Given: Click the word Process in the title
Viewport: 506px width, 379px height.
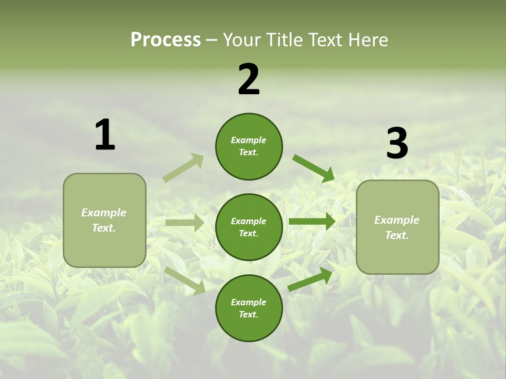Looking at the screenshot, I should point(166,39).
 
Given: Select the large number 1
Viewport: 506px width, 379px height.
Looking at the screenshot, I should point(105,135).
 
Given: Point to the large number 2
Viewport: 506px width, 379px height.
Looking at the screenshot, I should point(249,79).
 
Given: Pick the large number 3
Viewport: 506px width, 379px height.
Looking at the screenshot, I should point(397,144).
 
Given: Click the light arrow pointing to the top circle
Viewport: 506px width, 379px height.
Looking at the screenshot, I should point(183,168).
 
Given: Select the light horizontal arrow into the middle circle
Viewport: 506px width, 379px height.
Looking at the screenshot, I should point(184,223).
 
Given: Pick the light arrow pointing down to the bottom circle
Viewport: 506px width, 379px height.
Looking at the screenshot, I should point(185,280).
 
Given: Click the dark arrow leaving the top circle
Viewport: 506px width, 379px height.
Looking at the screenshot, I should point(313,168).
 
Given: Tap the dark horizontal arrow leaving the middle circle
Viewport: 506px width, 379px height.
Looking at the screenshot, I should point(312,221).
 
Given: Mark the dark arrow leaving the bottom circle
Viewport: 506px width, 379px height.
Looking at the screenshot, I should point(310,279).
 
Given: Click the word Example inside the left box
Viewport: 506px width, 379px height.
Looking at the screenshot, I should point(104,213).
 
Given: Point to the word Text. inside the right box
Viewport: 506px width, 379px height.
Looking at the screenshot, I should point(397,235).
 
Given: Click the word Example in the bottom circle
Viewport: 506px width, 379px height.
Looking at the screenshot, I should point(248,302).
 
